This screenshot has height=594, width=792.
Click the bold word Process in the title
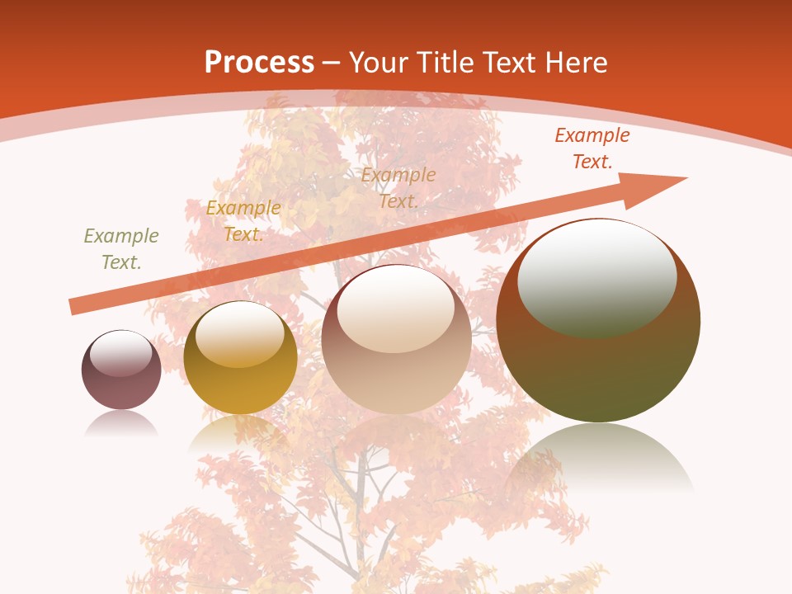259,62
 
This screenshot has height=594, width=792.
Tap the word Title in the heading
445,62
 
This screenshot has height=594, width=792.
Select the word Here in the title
576,62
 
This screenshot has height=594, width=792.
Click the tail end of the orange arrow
74,307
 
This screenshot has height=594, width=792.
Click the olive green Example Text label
121,248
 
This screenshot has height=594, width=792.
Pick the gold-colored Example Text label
243,220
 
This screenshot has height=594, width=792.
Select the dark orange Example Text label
592,148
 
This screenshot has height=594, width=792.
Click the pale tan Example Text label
398,187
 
